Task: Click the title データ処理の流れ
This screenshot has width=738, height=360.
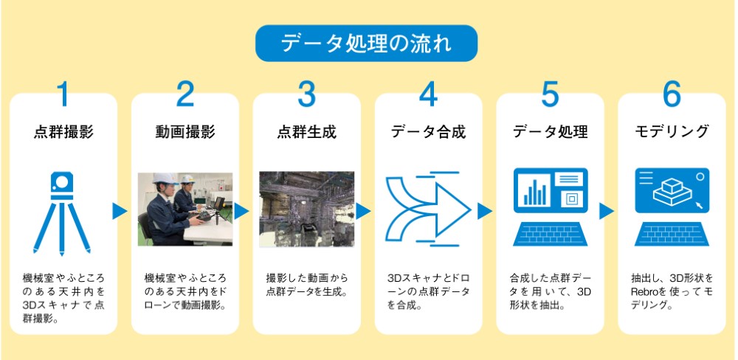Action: click(x=366, y=44)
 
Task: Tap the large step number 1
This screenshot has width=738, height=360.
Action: click(x=64, y=94)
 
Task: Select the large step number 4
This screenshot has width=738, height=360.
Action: click(x=428, y=94)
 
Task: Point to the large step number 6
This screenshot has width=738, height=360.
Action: click(x=671, y=94)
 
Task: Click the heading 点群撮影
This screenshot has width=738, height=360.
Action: click(x=64, y=133)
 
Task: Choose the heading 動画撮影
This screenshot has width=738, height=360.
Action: click(x=185, y=133)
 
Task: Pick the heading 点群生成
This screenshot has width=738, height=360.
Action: click(x=306, y=133)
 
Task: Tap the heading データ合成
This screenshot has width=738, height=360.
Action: click(x=428, y=133)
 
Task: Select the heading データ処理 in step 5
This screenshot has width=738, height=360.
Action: click(x=550, y=133)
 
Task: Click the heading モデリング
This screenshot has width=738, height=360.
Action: click(x=672, y=133)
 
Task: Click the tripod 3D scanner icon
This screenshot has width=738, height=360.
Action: click(x=64, y=211)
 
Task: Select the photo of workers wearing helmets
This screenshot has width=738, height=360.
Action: click(x=185, y=210)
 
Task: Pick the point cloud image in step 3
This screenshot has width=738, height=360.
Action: click(x=306, y=210)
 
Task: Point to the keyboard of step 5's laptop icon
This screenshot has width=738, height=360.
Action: click(x=550, y=235)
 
